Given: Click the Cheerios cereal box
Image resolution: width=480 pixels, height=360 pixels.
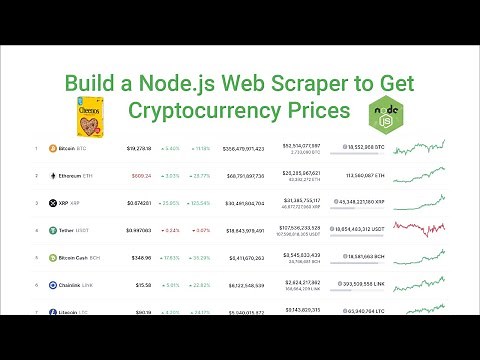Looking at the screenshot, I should pos(90,120).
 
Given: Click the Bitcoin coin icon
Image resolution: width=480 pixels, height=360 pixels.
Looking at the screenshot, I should pos(53,148).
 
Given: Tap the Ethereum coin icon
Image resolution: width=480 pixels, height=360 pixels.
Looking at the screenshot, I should pos(53,175).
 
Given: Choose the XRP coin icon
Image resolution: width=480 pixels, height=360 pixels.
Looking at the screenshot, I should pos(53,203).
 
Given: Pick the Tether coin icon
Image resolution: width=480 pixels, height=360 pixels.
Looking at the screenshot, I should pos(53,230).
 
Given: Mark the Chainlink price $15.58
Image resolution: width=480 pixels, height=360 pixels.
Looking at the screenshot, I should pos(143,285).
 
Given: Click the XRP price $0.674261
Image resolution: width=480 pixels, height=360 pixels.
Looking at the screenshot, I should pos(140,203).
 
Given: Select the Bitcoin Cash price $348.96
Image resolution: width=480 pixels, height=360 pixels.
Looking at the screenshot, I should pos(141,258).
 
